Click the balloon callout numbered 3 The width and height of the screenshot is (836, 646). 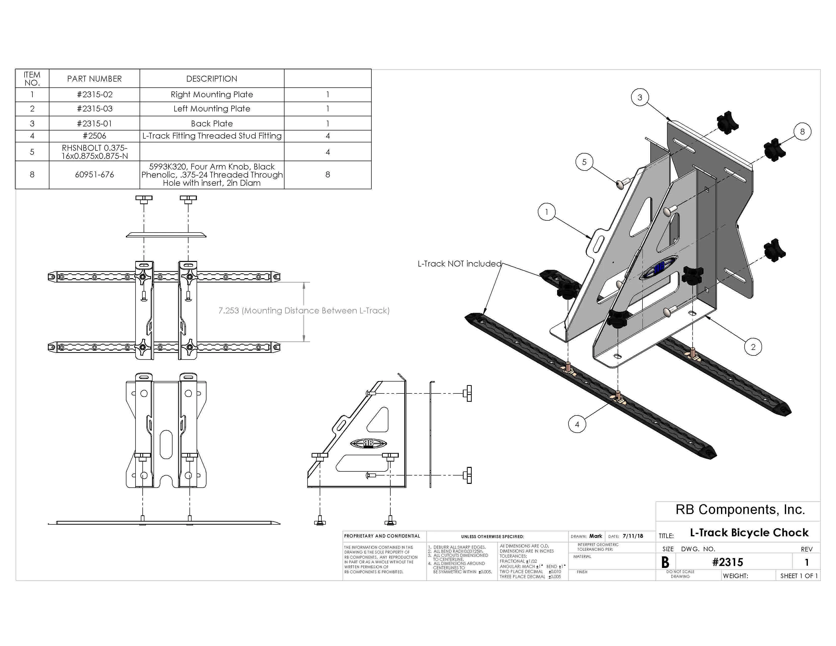click(640, 98)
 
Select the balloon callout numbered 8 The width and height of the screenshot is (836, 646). click(802, 132)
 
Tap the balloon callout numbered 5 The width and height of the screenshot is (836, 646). click(584, 162)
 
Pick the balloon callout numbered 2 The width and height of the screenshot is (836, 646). click(753, 347)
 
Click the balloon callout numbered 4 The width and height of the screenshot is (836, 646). click(577, 424)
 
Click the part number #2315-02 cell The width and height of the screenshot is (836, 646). click(94, 94)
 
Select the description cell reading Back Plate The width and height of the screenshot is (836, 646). click(212, 124)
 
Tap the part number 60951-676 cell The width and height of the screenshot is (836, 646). click(94, 175)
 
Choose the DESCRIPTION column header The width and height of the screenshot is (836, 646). click(212, 79)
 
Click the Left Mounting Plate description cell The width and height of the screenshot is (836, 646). click(212, 109)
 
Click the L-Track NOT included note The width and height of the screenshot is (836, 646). click(459, 264)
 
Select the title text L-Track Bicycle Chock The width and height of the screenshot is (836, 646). click(749, 533)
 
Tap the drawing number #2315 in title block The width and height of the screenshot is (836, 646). click(727, 562)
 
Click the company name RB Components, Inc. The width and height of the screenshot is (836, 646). click(740, 510)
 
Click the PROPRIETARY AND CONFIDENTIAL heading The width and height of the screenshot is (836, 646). click(382, 536)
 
